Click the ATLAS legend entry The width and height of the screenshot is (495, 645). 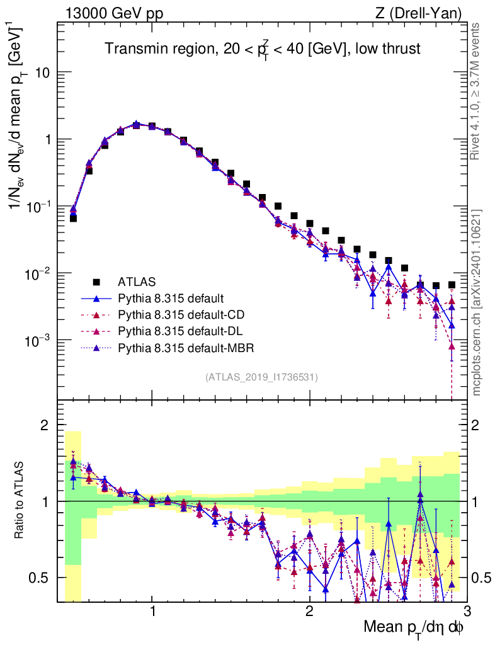(x=136, y=282)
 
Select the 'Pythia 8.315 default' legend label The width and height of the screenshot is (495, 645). (x=170, y=298)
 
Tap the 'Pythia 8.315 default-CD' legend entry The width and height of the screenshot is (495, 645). (x=178, y=314)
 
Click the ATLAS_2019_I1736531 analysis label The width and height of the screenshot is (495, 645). (x=261, y=377)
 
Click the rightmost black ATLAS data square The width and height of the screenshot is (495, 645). (x=452, y=285)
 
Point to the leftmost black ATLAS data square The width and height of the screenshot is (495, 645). (x=73, y=218)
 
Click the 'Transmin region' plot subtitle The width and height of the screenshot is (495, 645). (x=262, y=49)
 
